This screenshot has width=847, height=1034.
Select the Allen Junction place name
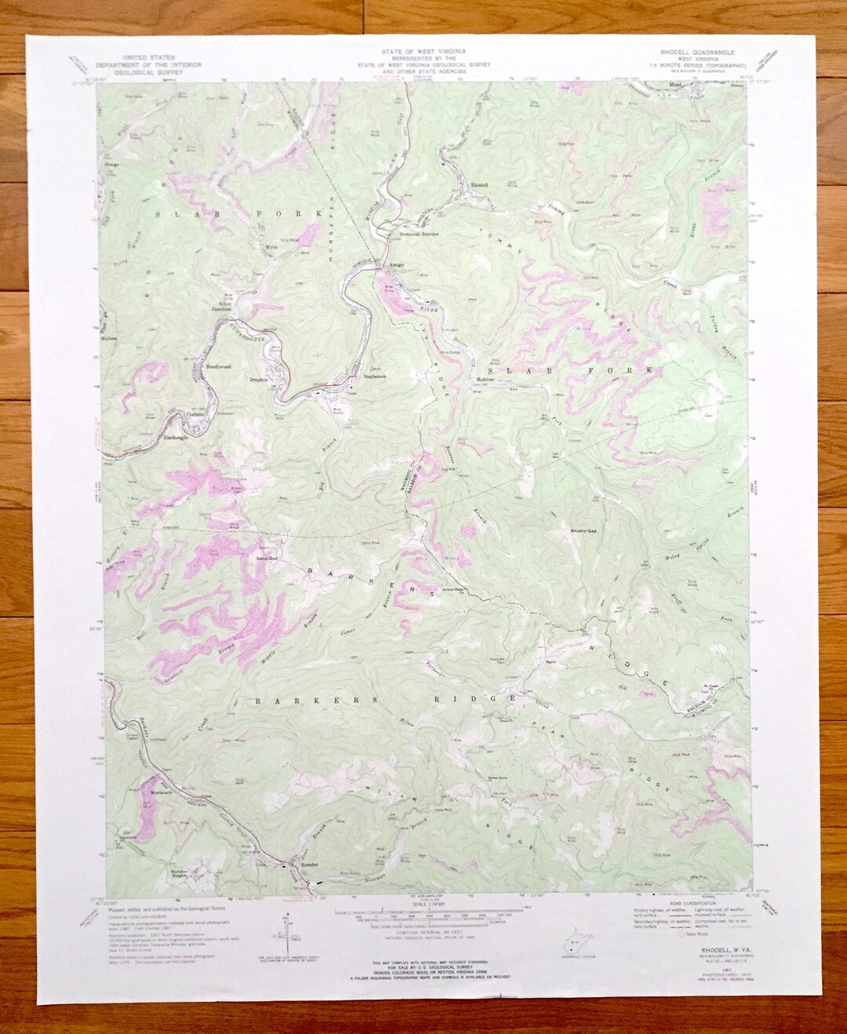pos(224,306)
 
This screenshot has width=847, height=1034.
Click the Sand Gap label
pos(258,559)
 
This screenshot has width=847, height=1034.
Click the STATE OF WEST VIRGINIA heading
pos(423,49)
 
